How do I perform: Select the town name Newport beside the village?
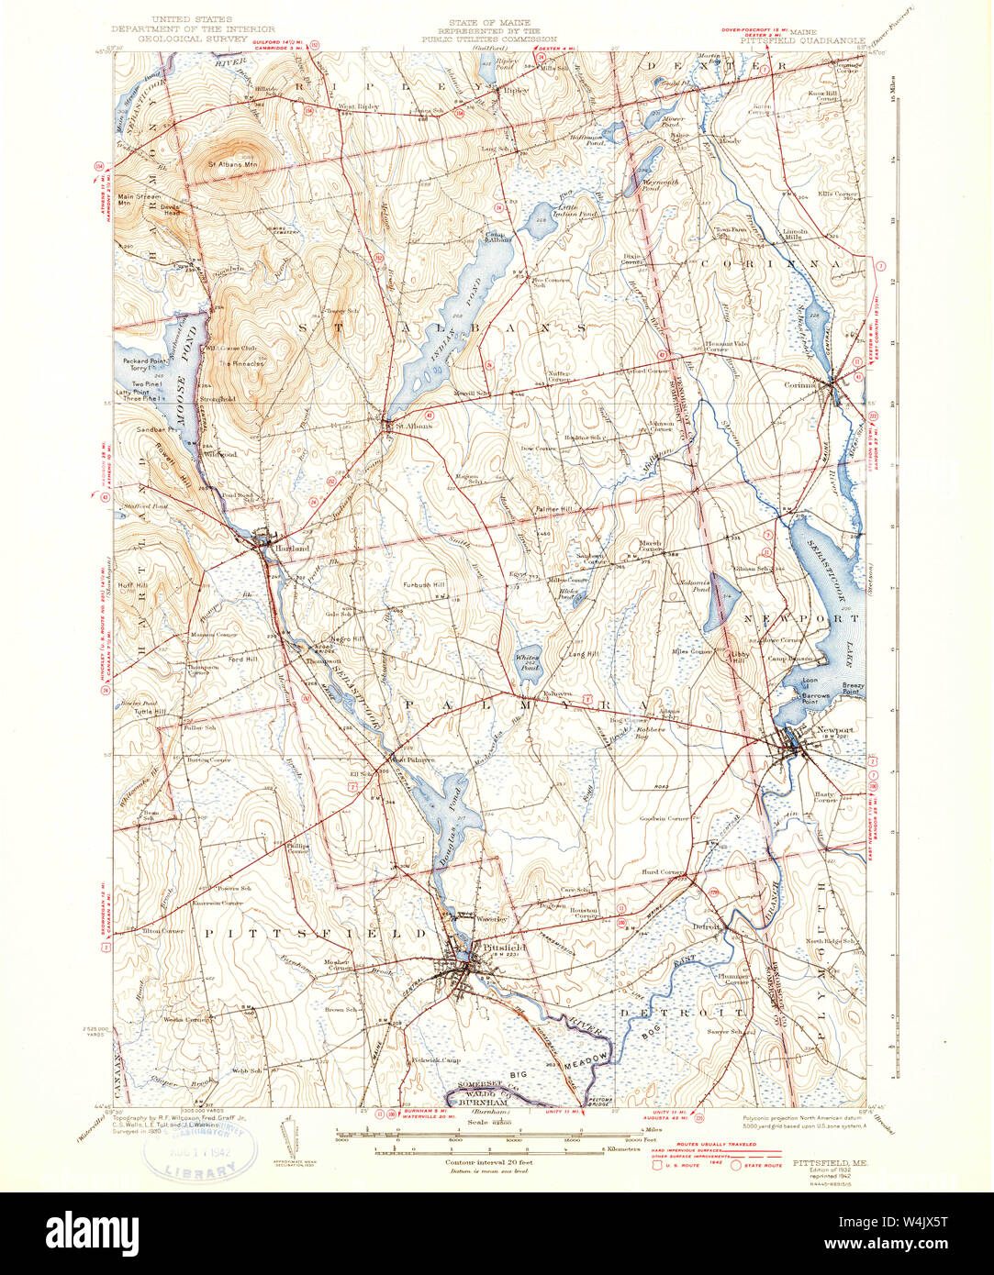[x=834, y=730]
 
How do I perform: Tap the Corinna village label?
[x=799, y=385]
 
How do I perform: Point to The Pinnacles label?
[x=241, y=363]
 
